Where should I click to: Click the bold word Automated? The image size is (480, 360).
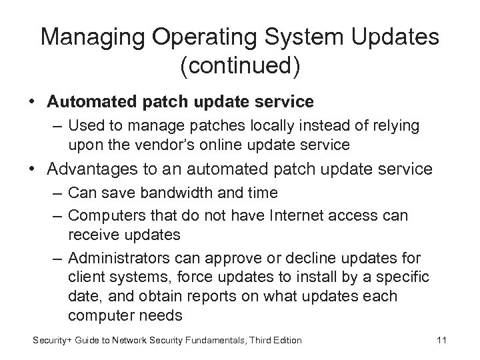(x=88, y=102)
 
